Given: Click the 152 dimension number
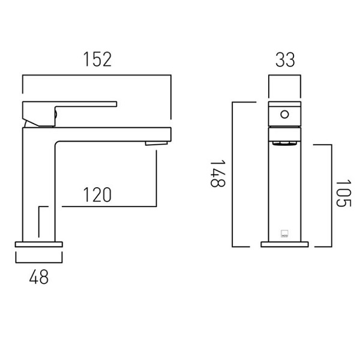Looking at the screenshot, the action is pyautogui.click(x=98, y=59).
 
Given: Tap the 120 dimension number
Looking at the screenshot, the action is pyautogui.click(x=97, y=194).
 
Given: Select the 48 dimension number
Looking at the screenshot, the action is pyautogui.click(x=39, y=277).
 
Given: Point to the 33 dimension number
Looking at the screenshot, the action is pyautogui.click(x=285, y=59).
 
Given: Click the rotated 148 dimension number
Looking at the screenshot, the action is pyautogui.click(x=218, y=174).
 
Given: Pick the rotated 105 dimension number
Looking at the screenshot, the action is pyautogui.click(x=343, y=193).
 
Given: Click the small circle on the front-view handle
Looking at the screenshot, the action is pyautogui.click(x=284, y=115).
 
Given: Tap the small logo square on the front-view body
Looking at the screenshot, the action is pyautogui.click(x=284, y=234).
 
